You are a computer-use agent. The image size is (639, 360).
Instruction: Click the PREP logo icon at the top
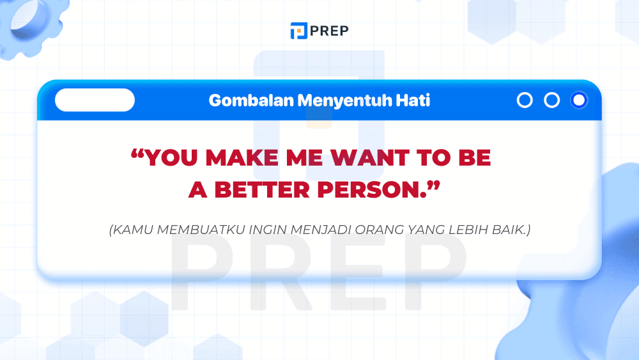pos(298,31)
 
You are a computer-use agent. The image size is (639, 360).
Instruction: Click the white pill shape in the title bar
pos(95,100)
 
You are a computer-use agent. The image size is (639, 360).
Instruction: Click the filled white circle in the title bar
pos(579,100)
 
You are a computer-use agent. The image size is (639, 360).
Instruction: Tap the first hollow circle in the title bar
pos(525,100)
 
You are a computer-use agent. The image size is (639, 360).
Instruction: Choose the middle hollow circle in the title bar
pos(551,100)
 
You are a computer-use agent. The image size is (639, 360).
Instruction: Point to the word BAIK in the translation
pos(511,229)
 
